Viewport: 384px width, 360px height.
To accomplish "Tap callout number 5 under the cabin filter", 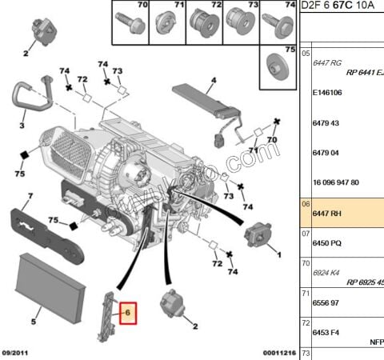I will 34,322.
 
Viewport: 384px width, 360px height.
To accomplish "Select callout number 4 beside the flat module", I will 214,80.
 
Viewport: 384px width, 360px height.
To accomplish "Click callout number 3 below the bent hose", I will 22,126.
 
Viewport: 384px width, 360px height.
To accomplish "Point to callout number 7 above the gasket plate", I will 29,196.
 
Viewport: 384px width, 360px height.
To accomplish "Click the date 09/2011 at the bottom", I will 17,353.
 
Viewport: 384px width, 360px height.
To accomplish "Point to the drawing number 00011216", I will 280,353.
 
